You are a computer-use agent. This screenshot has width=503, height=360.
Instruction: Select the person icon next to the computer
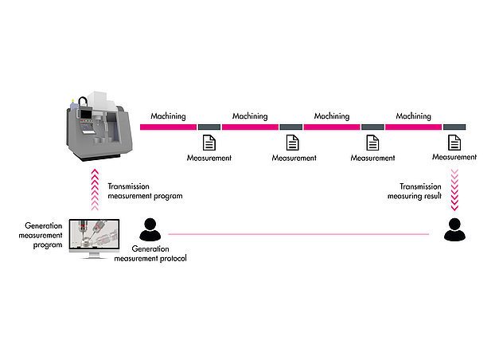[x=149, y=230]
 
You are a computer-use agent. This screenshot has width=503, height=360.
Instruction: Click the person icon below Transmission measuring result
[x=454, y=230]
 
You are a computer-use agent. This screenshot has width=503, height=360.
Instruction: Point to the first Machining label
[x=168, y=116]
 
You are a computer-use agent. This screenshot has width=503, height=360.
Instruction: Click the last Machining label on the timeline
[x=413, y=116]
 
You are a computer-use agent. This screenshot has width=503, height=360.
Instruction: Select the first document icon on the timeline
[x=209, y=143]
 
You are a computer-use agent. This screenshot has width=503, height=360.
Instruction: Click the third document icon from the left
[x=372, y=143]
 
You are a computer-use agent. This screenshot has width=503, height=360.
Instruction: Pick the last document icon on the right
[x=454, y=143]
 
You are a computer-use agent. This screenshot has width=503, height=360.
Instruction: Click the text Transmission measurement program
[x=146, y=192]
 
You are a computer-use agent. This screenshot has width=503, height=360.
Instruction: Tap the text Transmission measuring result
[x=415, y=192]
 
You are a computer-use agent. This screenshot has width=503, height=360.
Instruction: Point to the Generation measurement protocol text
[x=150, y=254]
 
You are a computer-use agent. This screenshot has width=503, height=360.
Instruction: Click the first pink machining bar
[x=168, y=126]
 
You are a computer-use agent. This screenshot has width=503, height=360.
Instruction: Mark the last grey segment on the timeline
[x=454, y=126]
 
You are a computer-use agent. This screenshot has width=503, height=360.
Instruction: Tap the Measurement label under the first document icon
[x=209, y=158]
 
